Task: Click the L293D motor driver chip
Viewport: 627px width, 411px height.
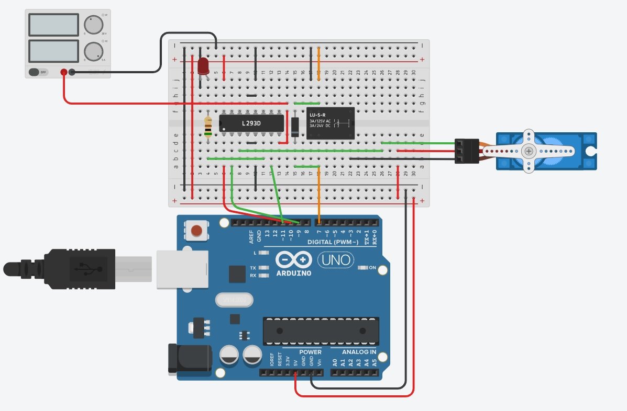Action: [251, 123]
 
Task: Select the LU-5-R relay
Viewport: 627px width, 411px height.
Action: [330, 123]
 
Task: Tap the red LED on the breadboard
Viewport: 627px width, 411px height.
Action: [203, 66]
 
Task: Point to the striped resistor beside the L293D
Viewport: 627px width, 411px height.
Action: [208, 125]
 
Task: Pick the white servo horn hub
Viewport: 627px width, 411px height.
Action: [529, 151]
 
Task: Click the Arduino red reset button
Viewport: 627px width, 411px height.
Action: [196, 231]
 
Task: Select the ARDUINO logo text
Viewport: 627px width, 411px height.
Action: [293, 273]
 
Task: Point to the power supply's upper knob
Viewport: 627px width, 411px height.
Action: [93, 24]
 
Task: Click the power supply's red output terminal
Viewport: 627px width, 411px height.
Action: [64, 72]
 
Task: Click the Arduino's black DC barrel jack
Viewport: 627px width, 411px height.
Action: [189, 358]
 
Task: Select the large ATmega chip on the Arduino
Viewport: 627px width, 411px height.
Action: [321, 331]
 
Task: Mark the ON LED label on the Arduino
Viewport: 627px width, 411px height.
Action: [372, 268]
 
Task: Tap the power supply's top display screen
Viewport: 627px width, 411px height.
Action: [54, 24]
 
